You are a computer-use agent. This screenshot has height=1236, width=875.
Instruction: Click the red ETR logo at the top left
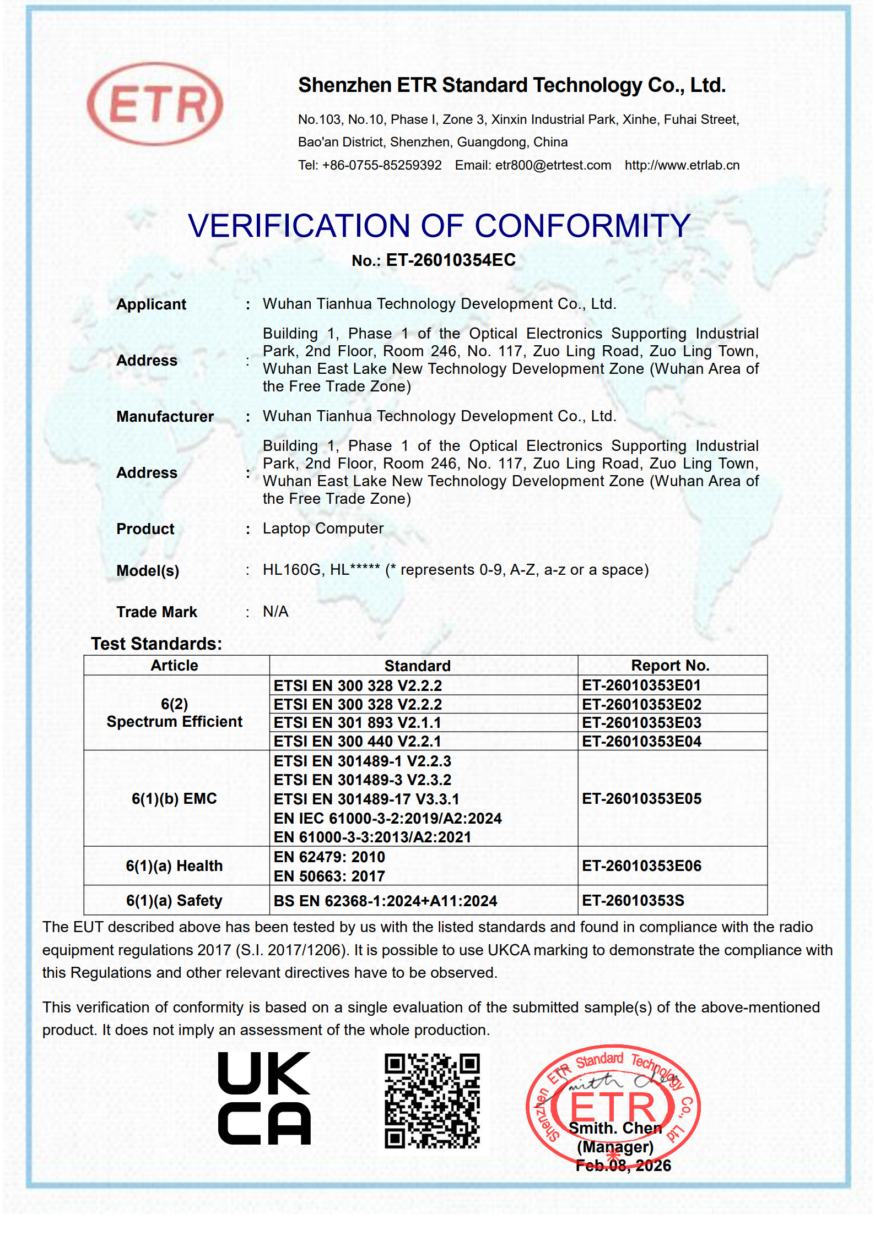(155, 104)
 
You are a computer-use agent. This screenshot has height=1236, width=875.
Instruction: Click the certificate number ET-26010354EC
(450, 260)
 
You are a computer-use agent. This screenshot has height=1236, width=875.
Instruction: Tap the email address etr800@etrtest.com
(553, 165)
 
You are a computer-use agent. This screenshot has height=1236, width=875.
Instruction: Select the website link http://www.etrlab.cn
(682, 165)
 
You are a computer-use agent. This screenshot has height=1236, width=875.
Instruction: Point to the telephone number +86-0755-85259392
(381, 165)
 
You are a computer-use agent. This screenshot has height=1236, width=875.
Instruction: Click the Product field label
(145, 529)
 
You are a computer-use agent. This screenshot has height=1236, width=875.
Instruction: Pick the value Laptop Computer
(323, 529)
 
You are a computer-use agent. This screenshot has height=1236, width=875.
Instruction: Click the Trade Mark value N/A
(276, 612)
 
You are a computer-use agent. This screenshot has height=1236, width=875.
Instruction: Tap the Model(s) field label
(148, 571)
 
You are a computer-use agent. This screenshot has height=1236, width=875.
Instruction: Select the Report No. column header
(670, 666)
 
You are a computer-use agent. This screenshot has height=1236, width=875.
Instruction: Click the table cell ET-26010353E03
(641, 723)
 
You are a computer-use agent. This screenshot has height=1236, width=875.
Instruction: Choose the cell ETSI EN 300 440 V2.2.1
(358, 742)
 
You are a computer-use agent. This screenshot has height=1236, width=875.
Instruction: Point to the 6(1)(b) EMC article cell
(174, 799)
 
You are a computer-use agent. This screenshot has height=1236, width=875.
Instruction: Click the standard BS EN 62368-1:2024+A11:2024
(385, 901)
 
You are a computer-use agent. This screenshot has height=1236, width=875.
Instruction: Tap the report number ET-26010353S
(633, 901)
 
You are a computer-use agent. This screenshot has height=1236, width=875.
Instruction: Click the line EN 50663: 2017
(330, 876)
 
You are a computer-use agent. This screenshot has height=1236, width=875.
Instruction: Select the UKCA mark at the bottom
(264, 1098)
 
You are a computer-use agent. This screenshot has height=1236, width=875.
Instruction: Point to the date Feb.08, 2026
(623, 1166)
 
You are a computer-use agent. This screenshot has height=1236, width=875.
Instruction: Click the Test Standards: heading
(156, 644)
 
